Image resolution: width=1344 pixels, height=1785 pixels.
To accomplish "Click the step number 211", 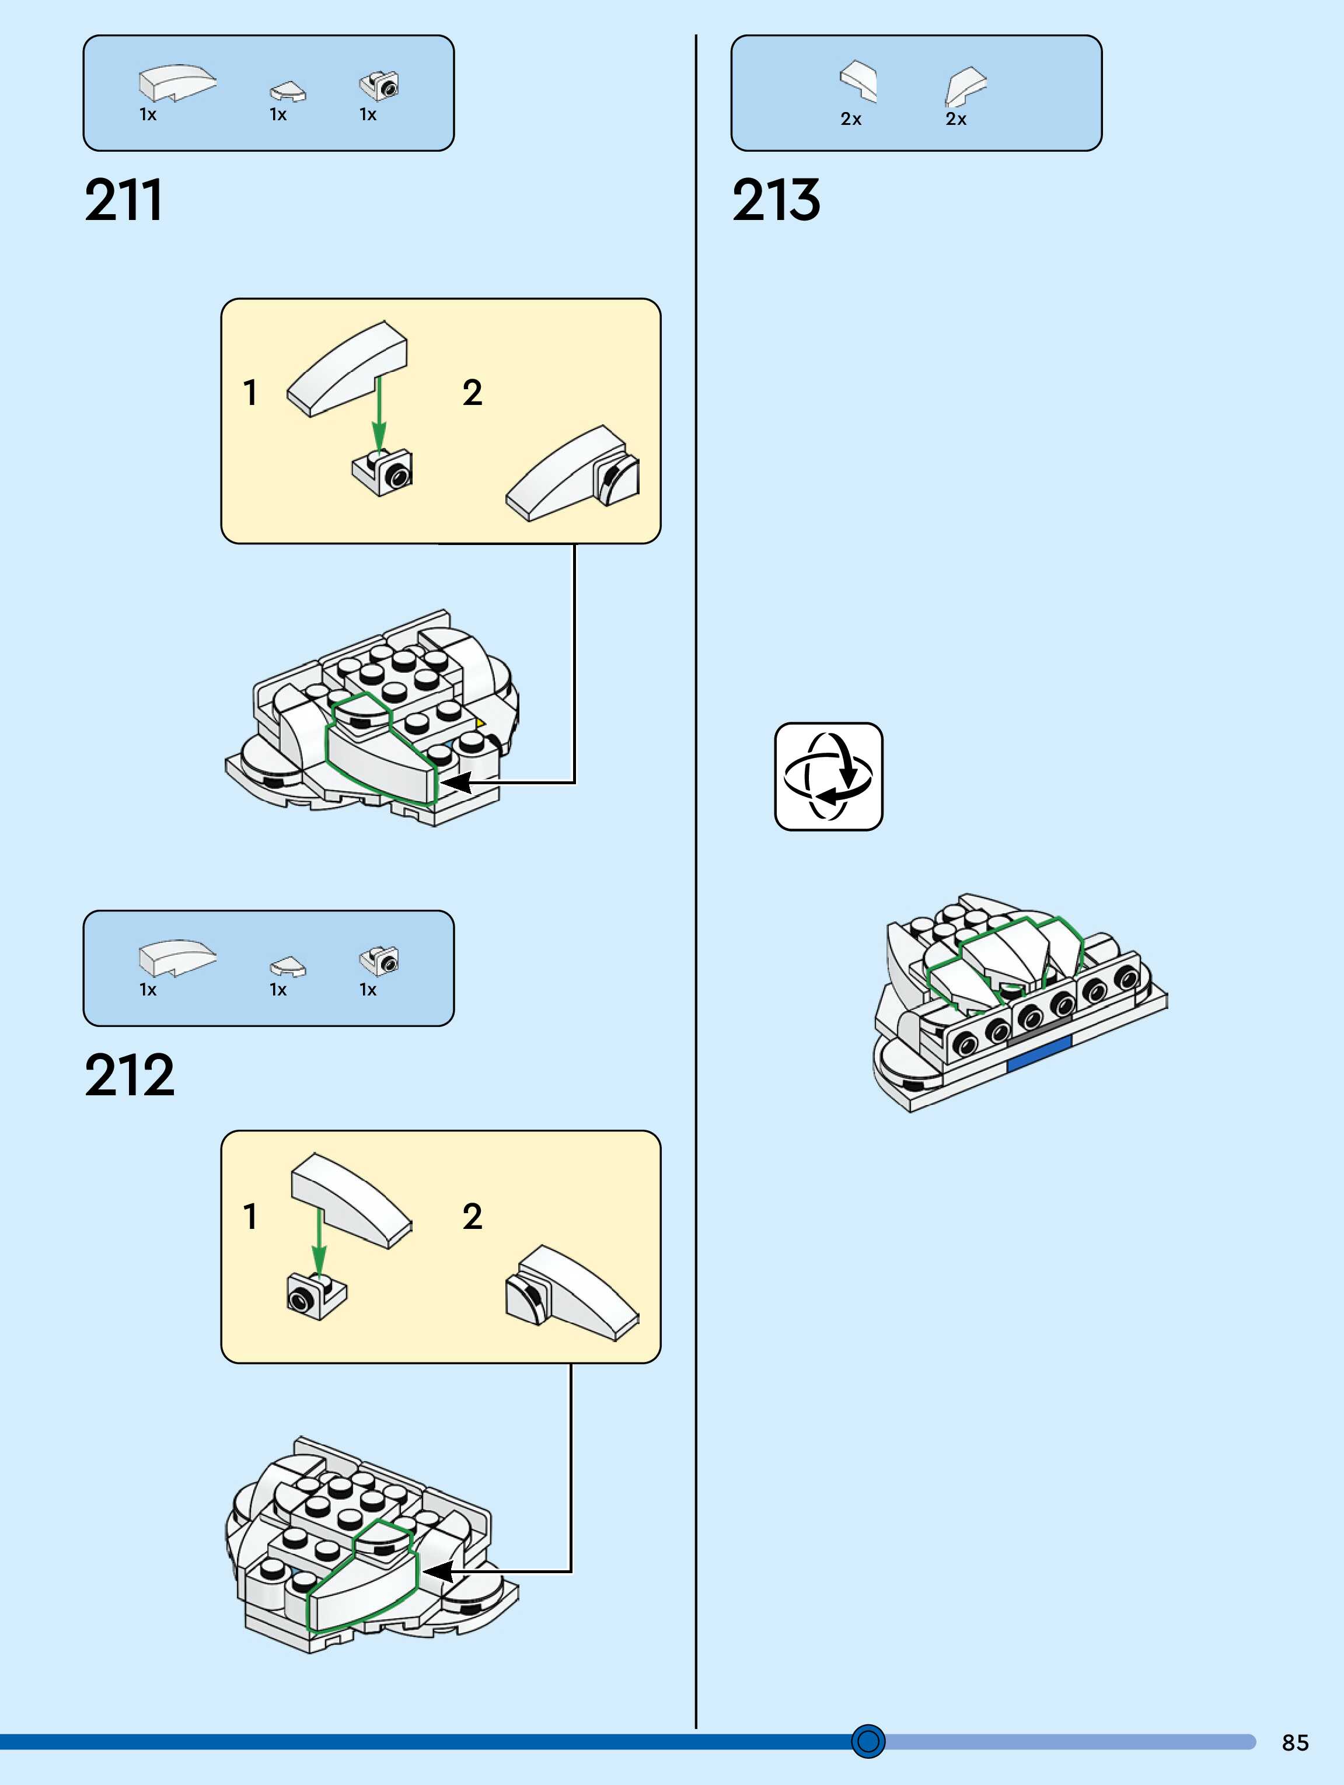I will point(124,200).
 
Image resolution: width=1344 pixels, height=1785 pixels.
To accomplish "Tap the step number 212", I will point(129,1075).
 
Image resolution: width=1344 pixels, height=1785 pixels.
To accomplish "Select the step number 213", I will point(776,200).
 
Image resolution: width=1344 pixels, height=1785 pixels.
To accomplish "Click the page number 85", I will point(1295,1742).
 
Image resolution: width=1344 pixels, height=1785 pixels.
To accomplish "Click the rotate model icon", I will point(828,776).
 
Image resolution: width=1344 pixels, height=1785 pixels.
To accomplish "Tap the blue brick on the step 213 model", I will point(1039,1054).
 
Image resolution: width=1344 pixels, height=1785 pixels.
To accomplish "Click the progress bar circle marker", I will point(868,1741).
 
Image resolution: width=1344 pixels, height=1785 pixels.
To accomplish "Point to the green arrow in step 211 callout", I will point(379,411).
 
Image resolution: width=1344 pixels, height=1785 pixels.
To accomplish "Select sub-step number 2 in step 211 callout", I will point(472,393).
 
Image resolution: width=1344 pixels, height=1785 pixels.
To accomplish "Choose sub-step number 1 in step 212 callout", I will point(250,1217).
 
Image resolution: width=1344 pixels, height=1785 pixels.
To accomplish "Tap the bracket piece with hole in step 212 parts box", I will point(379,959).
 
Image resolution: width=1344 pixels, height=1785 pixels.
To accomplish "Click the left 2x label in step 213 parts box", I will point(851,120).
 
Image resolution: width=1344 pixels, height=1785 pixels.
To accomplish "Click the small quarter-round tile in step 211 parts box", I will point(287,91).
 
